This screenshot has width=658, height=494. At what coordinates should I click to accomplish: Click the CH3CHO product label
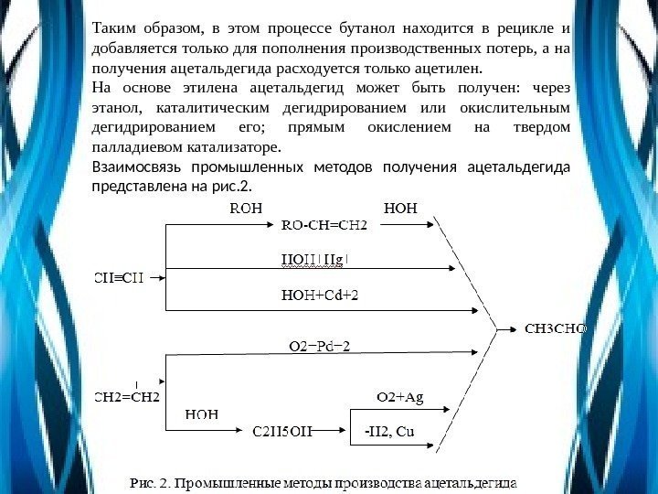click(554, 327)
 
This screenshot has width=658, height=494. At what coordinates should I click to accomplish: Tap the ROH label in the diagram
click(245, 207)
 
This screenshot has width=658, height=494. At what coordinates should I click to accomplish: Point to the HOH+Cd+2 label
click(320, 295)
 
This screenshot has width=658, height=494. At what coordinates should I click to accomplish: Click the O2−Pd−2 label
click(319, 346)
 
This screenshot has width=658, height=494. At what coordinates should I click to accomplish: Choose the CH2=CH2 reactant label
click(128, 397)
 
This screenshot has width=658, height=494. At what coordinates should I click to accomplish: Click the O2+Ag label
click(400, 397)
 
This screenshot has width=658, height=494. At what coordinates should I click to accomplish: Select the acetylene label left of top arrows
click(119, 277)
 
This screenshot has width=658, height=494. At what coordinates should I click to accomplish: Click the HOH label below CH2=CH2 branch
click(202, 413)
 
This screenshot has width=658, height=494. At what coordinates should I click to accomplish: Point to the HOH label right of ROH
click(400, 207)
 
